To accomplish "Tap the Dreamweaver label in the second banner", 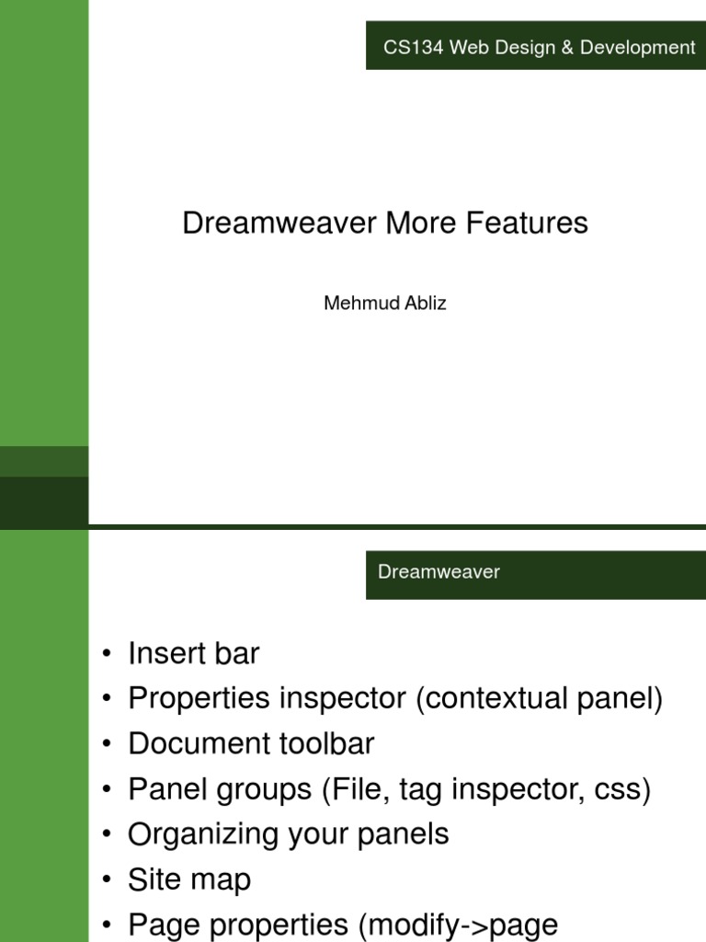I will pos(438,572).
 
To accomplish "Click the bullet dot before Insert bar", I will pos(108,655).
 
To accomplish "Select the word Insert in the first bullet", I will pos(167,654).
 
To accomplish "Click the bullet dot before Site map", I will pos(108,880).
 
